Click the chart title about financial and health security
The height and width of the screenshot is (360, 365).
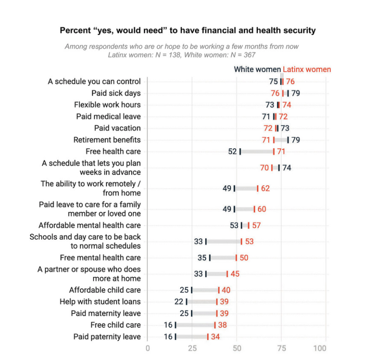[187, 31]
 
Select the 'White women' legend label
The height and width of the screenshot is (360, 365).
[257, 69]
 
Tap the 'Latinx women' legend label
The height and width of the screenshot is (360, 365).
[307, 69]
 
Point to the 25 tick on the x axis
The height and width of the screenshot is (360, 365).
[192, 348]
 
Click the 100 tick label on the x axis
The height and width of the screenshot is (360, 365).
[320, 348]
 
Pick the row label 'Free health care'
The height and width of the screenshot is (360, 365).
[113, 151]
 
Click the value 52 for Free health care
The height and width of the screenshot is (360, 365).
[233, 151]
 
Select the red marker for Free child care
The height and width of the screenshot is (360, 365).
[215, 325]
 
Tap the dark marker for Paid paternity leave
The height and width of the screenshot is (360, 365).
[175, 337]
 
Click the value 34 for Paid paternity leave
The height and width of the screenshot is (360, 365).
[215, 337]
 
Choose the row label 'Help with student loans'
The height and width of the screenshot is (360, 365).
[100, 302]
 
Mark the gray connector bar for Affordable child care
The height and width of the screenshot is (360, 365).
[205, 290]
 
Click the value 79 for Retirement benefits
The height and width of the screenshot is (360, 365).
[295, 140]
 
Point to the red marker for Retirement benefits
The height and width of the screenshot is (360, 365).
[274, 140]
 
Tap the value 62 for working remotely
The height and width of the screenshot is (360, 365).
[265, 188]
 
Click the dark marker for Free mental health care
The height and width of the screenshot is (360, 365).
[210, 258]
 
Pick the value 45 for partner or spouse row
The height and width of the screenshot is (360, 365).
[235, 274]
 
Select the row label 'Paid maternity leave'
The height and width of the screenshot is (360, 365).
[106, 313]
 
